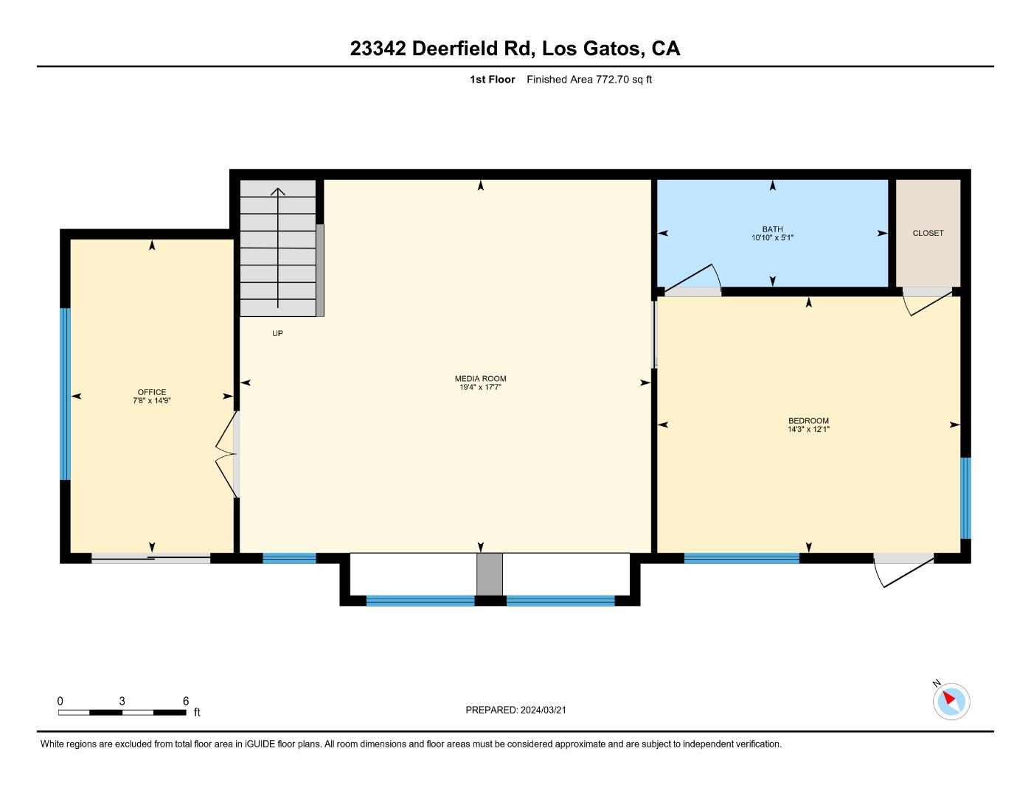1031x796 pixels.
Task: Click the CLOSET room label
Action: coord(928,233)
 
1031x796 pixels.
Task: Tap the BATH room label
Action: coord(772,229)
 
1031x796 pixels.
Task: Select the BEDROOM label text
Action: coord(808,421)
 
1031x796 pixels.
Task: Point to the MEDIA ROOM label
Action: coord(480,379)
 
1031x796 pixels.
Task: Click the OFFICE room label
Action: coord(152,392)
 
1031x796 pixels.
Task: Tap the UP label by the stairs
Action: coord(277,333)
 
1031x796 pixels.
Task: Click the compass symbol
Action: coord(951,700)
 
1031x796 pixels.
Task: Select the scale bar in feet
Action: coord(122,712)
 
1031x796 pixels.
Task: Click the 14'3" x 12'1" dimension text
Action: coord(808,429)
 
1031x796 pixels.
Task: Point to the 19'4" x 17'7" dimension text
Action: coord(480,387)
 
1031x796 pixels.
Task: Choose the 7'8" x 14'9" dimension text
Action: coord(152,401)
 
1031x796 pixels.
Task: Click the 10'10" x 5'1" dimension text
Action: coord(772,238)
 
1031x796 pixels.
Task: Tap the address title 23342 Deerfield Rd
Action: coord(515,49)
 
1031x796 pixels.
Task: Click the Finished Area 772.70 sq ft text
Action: coord(589,80)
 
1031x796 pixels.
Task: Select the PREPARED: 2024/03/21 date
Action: coord(515,710)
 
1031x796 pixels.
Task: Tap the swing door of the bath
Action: coord(690,279)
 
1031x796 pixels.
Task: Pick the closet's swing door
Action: coord(928,301)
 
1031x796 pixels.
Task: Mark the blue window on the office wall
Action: coord(65,394)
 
